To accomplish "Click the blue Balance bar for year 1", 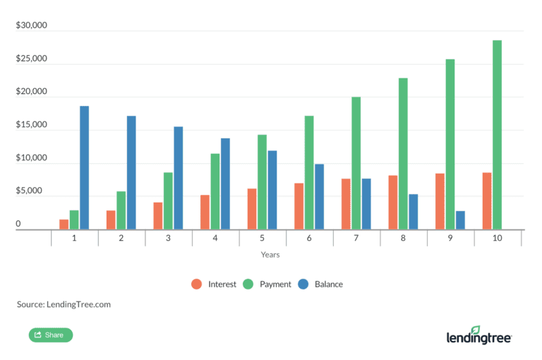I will [84, 168].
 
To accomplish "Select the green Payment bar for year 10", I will [497, 135].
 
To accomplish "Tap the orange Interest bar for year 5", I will [252, 209].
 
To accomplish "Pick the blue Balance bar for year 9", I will [460, 220].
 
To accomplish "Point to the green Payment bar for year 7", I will [356, 163].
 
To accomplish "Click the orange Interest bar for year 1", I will [64, 224].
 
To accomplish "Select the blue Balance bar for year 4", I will [225, 184].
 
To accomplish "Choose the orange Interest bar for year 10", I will [487, 201].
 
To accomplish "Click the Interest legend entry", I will [215, 284].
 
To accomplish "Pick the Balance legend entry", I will [321, 284].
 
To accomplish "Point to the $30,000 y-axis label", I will [31, 26].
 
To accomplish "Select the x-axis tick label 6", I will [309, 239].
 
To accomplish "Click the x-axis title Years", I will [270, 254].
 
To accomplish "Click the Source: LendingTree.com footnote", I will [64, 305].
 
